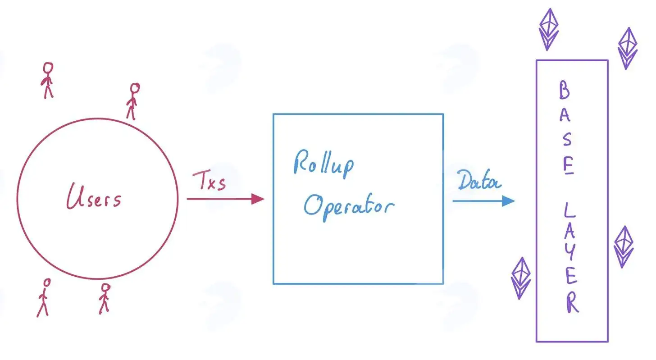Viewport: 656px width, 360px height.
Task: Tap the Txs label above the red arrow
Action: point(209,180)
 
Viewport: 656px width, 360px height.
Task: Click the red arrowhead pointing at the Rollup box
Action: point(258,199)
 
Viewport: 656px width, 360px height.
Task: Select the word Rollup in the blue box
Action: point(323,164)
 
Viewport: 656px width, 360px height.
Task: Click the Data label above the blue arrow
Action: point(479,180)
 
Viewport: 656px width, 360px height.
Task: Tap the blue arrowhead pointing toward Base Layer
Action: point(508,201)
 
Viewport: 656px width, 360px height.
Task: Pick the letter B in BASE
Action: point(565,90)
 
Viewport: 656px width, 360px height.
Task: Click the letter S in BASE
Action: point(567,139)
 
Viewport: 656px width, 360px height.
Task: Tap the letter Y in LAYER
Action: point(570,252)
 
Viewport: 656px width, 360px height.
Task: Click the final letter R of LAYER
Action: point(572,303)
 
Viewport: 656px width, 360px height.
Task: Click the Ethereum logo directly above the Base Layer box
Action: point(548,29)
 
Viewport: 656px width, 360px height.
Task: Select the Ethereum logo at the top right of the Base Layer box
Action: point(628,49)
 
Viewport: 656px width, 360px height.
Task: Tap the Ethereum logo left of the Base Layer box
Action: point(521,278)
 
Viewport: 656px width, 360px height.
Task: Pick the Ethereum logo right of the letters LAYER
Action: point(624,247)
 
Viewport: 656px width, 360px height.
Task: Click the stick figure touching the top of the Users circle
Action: point(133,101)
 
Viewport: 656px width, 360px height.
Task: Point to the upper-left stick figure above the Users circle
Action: point(47,80)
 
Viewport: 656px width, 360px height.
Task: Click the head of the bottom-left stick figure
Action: point(47,283)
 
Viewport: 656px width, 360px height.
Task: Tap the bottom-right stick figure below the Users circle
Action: point(104,299)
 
